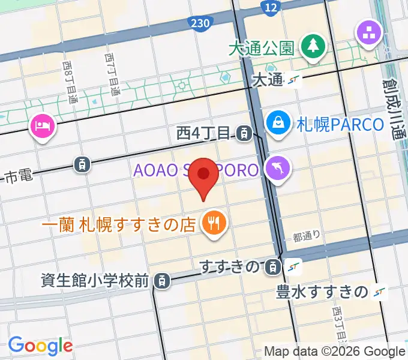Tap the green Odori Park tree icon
click(x=313, y=47)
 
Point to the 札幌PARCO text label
click(x=340, y=125)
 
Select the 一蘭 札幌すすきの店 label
click(x=119, y=225)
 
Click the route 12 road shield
click(x=271, y=7)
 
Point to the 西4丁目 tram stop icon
click(x=244, y=133)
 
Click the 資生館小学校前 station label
click(x=95, y=280)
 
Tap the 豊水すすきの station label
click(x=322, y=292)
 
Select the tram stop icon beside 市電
click(x=82, y=163)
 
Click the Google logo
click(x=40, y=346)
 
